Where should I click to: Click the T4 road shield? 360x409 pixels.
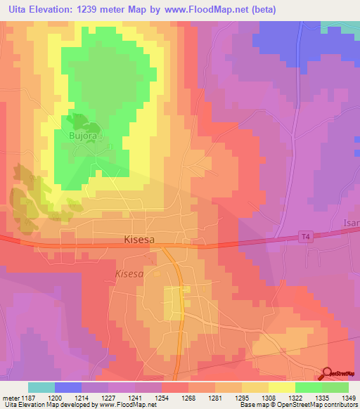(304, 238)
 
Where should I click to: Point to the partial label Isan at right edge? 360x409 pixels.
(351, 223)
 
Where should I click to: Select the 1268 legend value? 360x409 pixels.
(188, 397)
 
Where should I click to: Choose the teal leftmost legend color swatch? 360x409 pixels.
(41, 387)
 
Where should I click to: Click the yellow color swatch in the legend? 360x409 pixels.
(281, 387)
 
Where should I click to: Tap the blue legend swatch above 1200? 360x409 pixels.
(68, 387)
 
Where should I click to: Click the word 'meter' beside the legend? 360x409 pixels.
(11, 397)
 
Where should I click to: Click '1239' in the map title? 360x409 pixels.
(88, 10)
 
